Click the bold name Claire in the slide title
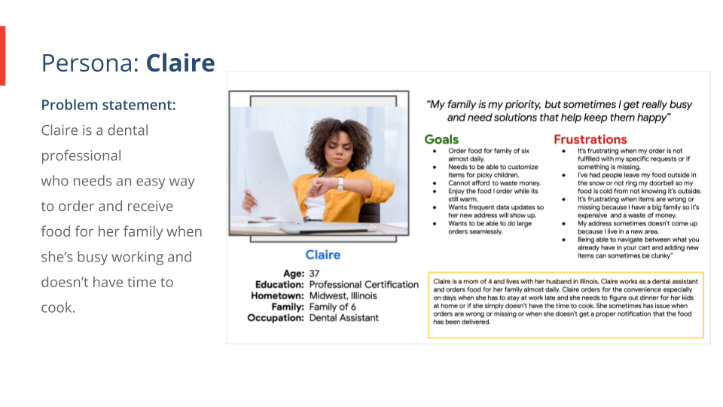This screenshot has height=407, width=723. point(180,63)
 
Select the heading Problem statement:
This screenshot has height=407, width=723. point(108,105)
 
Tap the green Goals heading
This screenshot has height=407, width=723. point(441,139)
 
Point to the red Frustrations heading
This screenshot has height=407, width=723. point(590,139)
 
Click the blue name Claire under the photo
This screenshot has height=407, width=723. point(322,255)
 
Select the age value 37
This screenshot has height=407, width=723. point(315,273)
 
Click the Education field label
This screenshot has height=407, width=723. point(279,284)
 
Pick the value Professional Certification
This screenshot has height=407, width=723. point(364,284)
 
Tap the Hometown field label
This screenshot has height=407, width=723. point(277,295)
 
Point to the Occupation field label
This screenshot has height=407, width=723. point(276,318)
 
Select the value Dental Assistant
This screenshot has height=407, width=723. point(344,318)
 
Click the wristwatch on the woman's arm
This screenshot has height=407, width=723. point(340,182)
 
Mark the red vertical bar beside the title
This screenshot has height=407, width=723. point(2,56)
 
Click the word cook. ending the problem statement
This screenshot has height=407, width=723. point(58,308)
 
